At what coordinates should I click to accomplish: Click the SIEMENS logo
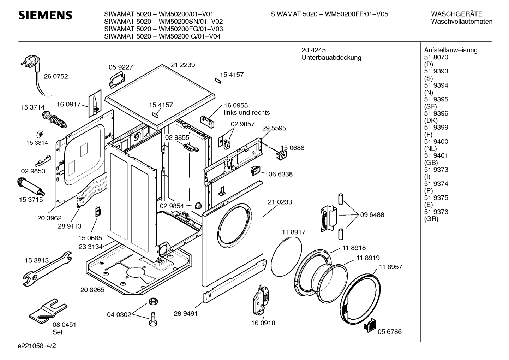[45, 16]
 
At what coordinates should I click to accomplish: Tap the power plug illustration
[32, 63]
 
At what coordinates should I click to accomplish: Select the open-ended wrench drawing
[47, 268]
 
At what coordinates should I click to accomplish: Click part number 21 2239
[183, 65]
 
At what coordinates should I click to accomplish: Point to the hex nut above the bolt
[153, 301]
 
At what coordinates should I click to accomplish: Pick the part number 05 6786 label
[390, 332]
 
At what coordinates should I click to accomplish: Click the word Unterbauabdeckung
[331, 58]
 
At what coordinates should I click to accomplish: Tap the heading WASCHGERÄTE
[456, 14]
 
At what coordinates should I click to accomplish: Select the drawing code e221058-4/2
[37, 346]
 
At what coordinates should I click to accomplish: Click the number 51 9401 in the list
[436, 155]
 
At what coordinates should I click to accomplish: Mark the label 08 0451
[64, 325]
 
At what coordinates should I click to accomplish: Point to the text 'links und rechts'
[247, 113]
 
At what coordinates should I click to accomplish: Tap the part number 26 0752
[56, 76]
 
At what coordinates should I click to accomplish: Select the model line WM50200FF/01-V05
[329, 14]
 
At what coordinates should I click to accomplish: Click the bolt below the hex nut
[153, 319]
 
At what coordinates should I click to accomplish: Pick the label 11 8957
[391, 267]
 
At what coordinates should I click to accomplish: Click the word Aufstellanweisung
[451, 50]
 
